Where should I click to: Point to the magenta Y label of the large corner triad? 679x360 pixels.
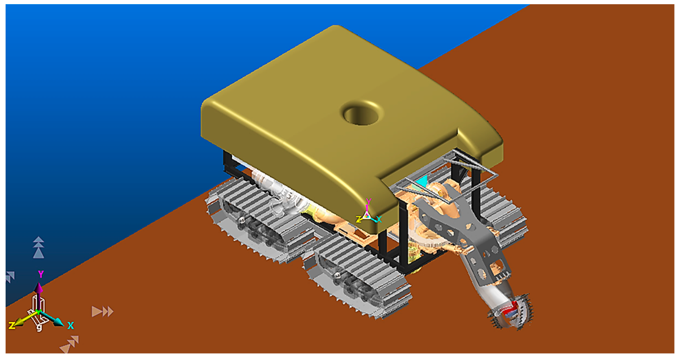[x=41, y=274]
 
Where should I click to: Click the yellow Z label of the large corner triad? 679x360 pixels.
[x=12, y=325]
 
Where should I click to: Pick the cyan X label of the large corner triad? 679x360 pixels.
[x=70, y=325]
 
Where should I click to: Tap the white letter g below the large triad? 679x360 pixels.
[x=39, y=327]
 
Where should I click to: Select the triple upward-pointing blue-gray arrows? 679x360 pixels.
[x=39, y=247]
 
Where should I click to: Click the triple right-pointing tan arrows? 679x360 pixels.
[x=102, y=311]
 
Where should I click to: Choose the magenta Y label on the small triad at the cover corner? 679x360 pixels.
[x=369, y=202]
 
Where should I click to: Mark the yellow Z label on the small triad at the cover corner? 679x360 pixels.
[x=359, y=219]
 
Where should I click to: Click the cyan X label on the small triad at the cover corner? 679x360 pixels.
[x=379, y=219]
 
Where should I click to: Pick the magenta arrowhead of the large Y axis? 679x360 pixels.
[x=39, y=287]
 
